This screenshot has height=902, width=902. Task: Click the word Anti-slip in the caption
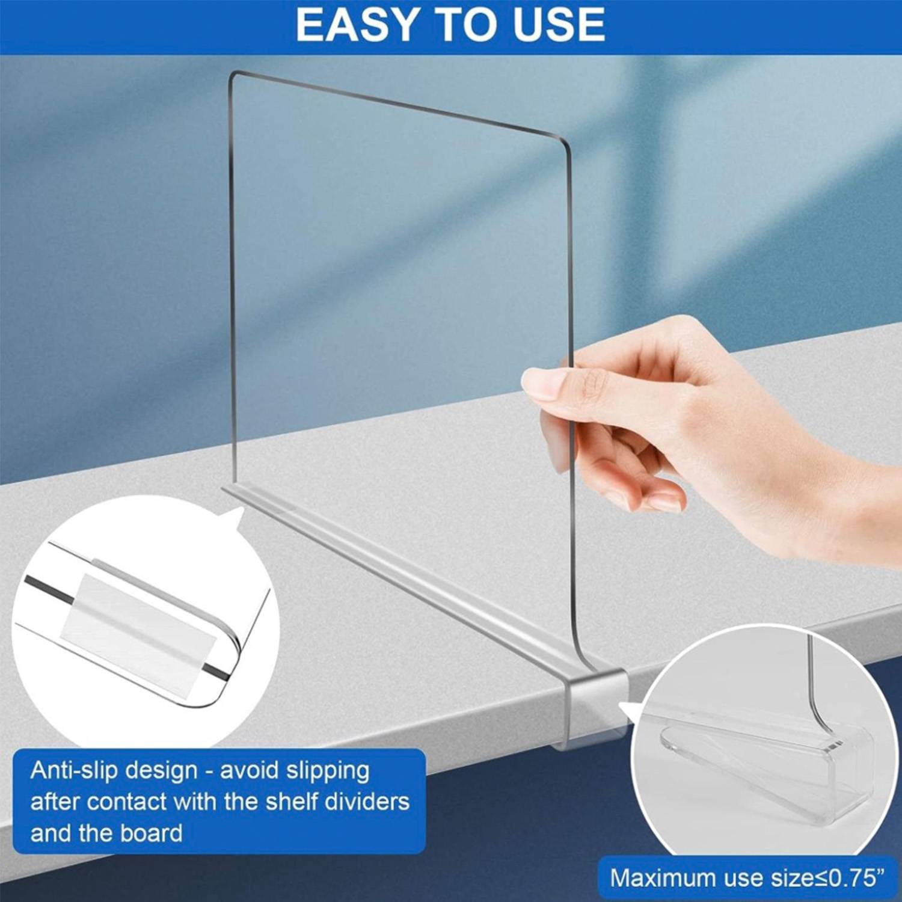[x=72, y=770]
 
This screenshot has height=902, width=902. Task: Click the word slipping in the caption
[x=327, y=770]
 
